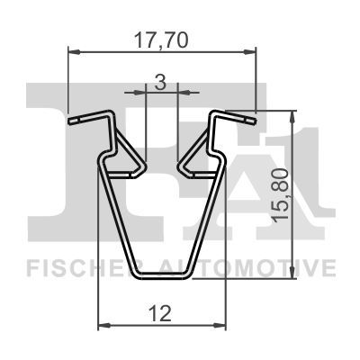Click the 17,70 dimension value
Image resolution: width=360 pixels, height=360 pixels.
click(x=161, y=40)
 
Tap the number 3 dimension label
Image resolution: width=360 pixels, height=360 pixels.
click(x=160, y=83)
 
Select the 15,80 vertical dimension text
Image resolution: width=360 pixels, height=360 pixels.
click(x=281, y=195)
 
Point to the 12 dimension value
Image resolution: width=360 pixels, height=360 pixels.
click(x=161, y=313)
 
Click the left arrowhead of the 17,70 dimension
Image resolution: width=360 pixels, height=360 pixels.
click(x=75, y=52)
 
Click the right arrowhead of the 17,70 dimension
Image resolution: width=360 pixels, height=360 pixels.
click(x=250, y=52)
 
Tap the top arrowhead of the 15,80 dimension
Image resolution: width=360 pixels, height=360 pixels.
click(x=292, y=116)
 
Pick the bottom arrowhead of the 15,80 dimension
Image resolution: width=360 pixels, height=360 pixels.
click(x=292, y=273)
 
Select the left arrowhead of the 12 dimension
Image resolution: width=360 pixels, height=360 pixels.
click(x=104, y=325)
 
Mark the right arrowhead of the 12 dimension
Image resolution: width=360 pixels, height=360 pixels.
click(x=220, y=325)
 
